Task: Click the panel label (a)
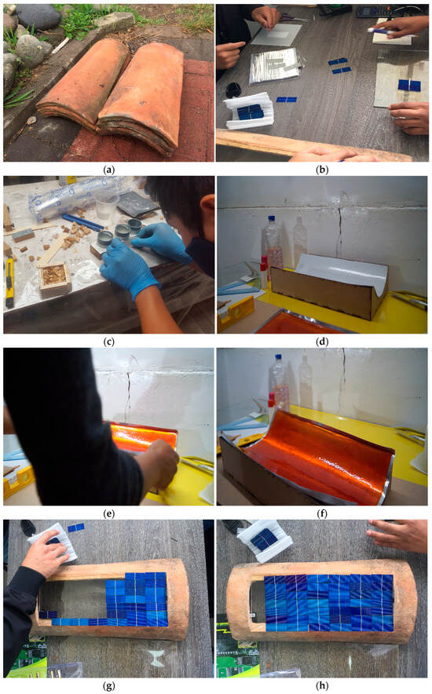click(108, 169)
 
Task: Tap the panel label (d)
click(322, 342)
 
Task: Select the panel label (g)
click(108, 685)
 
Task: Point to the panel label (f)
click(322, 513)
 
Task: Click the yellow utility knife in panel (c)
click(9, 283)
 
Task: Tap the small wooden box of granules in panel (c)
click(55, 277)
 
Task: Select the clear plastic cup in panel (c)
click(107, 204)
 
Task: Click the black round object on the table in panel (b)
click(234, 89)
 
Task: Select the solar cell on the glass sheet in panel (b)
click(409, 86)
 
